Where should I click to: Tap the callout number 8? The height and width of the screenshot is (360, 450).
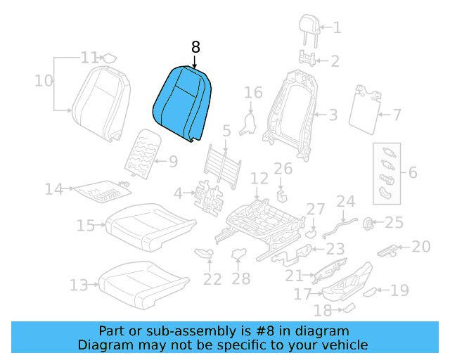pyautogui.click(x=195, y=47)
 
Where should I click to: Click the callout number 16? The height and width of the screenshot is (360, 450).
pyautogui.click(x=253, y=93)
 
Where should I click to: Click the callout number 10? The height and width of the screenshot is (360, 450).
pyautogui.click(x=44, y=81)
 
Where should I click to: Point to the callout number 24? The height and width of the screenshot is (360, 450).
pyautogui.click(x=345, y=202)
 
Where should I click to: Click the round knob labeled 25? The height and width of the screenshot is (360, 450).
pyautogui.click(x=366, y=224)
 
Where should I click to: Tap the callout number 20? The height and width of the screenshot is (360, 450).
pyautogui.click(x=420, y=246)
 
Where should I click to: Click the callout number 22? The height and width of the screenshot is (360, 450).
pyautogui.click(x=212, y=279)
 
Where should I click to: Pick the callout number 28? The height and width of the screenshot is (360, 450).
pyautogui.click(x=241, y=279)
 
